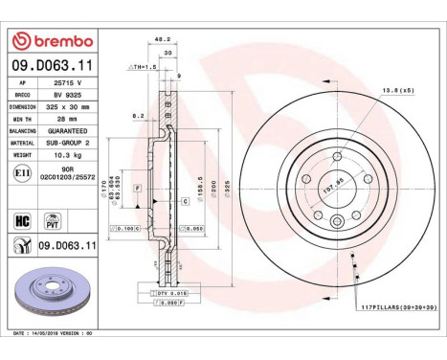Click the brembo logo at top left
click(52, 41)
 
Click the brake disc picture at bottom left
click(53, 299)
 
